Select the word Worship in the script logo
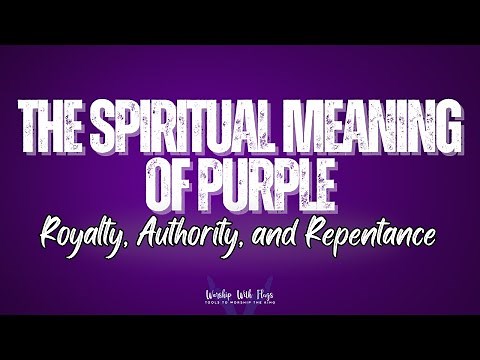(x=214, y=296)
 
